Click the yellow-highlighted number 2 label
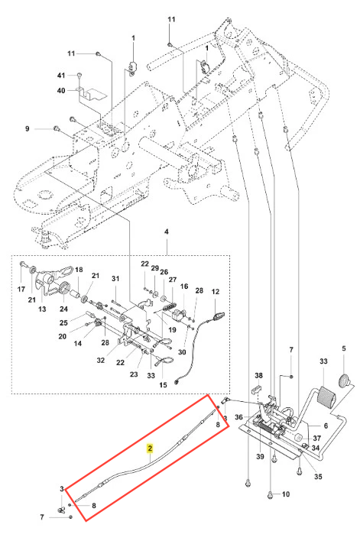click(150, 448)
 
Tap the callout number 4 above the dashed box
click(167, 232)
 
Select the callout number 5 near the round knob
click(344, 348)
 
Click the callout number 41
click(61, 76)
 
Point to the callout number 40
click(61, 91)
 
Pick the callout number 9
click(27, 128)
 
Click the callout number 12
click(216, 291)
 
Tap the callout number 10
click(286, 494)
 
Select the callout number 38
click(258, 375)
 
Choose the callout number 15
click(163, 385)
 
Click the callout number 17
click(21, 289)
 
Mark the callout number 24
click(64, 309)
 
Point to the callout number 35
click(318, 476)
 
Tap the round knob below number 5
click(345, 380)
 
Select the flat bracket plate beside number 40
click(93, 94)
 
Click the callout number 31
click(115, 279)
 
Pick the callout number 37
click(316, 439)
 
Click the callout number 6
click(326, 426)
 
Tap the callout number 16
click(184, 287)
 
